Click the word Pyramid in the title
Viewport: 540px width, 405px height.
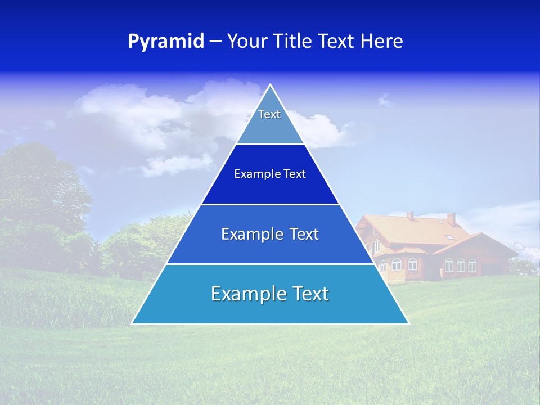click(165, 42)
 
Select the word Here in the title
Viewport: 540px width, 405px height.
click(382, 42)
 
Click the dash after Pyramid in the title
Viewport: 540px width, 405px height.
click(215, 42)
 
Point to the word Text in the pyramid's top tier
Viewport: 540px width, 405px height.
click(269, 114)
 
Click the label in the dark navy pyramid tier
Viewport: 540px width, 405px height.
click(270, 174)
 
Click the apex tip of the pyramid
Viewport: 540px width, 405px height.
click(271, 85)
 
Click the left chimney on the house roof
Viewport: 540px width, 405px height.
click(411, 215)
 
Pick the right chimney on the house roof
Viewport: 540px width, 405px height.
click(451, 218)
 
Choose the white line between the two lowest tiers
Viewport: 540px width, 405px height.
click(270, 264)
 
